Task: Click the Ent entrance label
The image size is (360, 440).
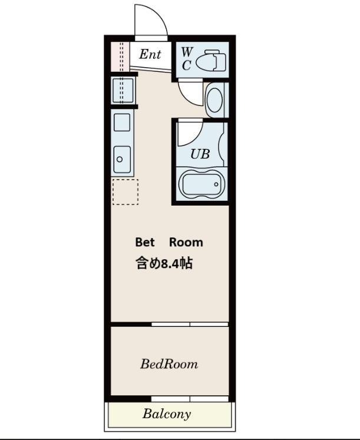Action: click(x=150, y=54)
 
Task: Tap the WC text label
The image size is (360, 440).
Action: click(x=187, y=59)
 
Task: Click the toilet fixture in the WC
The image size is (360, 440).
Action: click(x=211, y=61)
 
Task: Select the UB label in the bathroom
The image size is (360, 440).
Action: click(x=200, y=154)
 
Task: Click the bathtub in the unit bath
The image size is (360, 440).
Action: click(x=201, y=184)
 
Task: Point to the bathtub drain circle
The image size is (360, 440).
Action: click(x=216, y=184)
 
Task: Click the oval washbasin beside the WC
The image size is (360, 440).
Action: click(x=215, y=100)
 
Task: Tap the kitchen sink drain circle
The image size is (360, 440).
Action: click(x=120, y=160)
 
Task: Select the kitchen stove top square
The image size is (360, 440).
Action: click(x=122, y=123)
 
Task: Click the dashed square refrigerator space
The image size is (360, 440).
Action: click(x=125, y=191)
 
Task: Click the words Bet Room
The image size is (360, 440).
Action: click(x=169, y=242)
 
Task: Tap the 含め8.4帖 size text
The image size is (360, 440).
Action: click(x=164, y=263)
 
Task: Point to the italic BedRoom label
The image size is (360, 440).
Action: click(x=169, y=364)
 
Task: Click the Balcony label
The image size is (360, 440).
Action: click(x=167, y=413)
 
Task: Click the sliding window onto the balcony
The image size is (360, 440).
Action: click(x=190, y=399)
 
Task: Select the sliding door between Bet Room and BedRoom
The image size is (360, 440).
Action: click(x=190, y=325)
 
